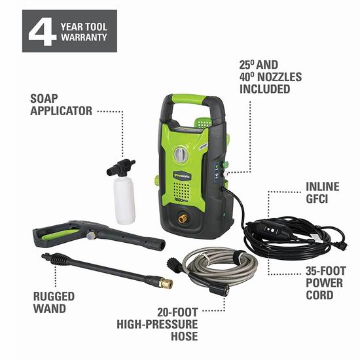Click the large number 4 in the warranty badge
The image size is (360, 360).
tap(43, 31)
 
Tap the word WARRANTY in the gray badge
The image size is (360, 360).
tap(84, 37)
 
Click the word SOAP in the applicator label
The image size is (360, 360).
tap(44, 99)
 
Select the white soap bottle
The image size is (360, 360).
tap(124, 199)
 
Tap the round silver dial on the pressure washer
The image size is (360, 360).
tap(181, 154)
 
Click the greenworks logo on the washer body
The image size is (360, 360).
tap(182, 176)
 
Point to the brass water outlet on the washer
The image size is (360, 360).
tap(183, 219)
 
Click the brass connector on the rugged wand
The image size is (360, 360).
tap(166, 283)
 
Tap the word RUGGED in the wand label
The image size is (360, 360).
tap(54, 297)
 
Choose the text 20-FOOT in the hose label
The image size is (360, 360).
tap(177, 312)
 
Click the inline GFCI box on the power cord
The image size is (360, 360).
tap(274, 228)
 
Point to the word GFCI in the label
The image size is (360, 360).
tap(317, 199)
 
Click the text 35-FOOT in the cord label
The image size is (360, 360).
tap(325, 271)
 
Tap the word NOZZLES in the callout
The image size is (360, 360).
tap(279, 77)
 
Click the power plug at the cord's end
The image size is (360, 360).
tap(342, 246)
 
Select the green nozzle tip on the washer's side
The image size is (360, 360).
tap(225, 164)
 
